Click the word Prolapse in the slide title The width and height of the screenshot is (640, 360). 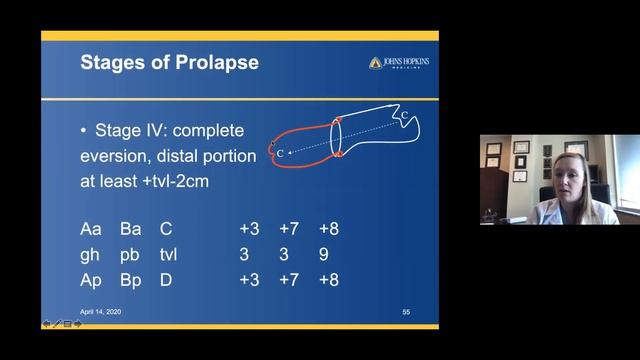click(x=216, y=63)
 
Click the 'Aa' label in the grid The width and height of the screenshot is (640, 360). click(x=91, y=229)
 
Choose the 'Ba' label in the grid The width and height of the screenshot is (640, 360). click(x=131, y=229)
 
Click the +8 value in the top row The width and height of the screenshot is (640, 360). click(x=329, y=229)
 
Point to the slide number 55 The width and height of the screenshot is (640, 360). click(x=406, y=312)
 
